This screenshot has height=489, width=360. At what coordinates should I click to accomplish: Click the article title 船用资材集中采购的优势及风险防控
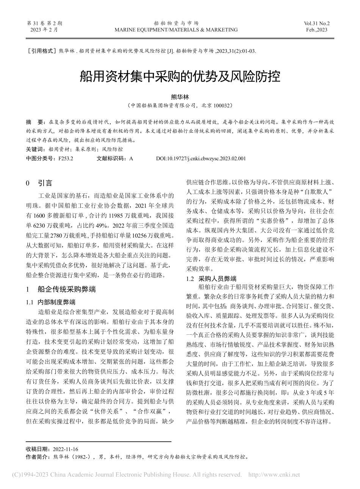pos(180,77)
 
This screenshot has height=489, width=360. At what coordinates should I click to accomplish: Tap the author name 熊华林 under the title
pos(180,97)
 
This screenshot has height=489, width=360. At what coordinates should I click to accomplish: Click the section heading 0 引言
pos(39,183)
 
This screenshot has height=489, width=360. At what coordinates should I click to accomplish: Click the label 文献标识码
pos(110,158)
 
